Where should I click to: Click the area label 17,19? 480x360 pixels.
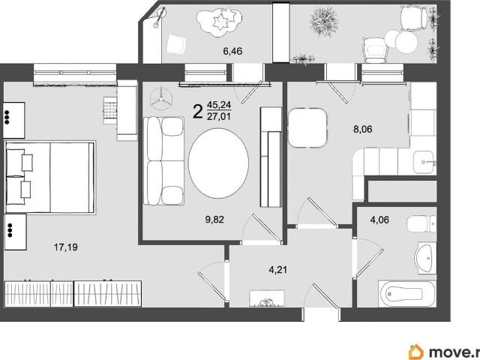pos(66,247)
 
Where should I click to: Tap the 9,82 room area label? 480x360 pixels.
pos(214,220)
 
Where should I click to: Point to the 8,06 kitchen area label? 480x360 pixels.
pos(363,129)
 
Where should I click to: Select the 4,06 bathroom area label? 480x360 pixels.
pos(379,220)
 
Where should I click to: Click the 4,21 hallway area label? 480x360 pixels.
pos(278,270)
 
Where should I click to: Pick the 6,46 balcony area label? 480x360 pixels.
pos(232,51)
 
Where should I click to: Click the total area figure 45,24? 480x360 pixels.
pos(219,105)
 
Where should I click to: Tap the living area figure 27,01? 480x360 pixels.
pos(219,116)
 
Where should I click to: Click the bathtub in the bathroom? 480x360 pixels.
pos(407,293)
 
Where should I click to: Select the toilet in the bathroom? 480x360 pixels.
pos(421,223)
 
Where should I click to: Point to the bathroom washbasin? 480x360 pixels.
pos(425,258)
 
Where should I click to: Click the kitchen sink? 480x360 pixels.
pos(424,162)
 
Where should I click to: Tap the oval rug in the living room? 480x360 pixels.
pos(218,163)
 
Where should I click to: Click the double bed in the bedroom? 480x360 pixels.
pos(50,177)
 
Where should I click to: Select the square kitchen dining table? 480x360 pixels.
pos(307,128)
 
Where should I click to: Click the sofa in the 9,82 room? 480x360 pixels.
pos(164,160)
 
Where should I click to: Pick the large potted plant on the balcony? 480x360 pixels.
pos(325,22)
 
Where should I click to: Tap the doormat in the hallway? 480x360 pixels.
pos(267,298)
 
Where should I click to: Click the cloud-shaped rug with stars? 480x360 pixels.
pos(220,22)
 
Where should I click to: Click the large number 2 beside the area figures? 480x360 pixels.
pos(198,112)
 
